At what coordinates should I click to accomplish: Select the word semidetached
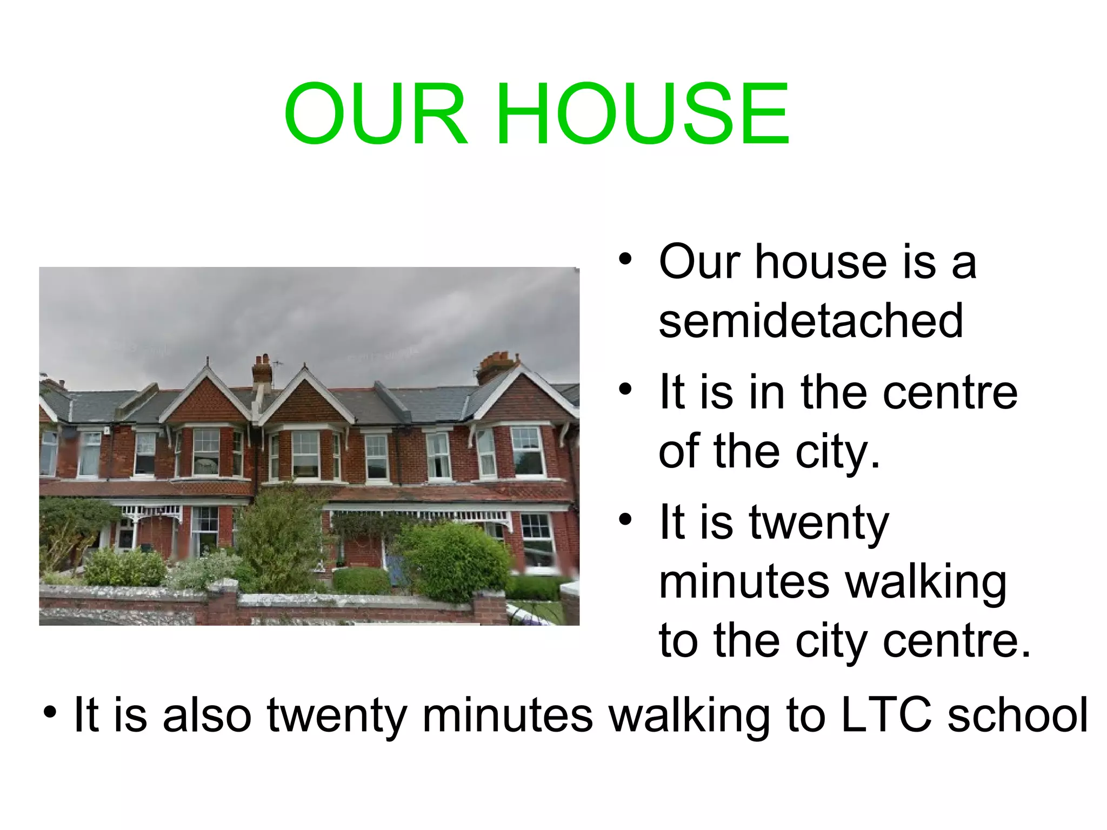coord(811,321)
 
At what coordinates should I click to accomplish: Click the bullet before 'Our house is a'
coord(625,259)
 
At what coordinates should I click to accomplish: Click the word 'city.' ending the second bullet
coord(838,452)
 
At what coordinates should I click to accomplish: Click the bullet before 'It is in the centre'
coord(625,389)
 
